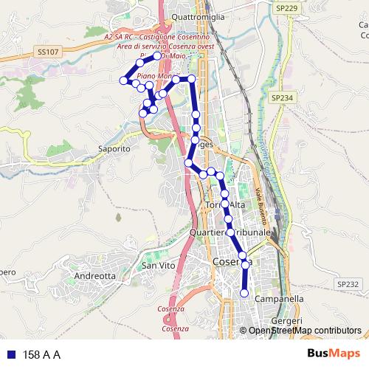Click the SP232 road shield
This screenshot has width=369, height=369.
pos(347,283)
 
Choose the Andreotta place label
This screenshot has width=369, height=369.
pos(95,276)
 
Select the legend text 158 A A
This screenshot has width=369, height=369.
pos(42,355)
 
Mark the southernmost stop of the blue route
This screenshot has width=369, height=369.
pos(244,294)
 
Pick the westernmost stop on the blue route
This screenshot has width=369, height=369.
pos(123,80)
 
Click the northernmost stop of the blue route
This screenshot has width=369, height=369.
pos(156,55)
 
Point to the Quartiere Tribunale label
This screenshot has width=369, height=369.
pos(230,231)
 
